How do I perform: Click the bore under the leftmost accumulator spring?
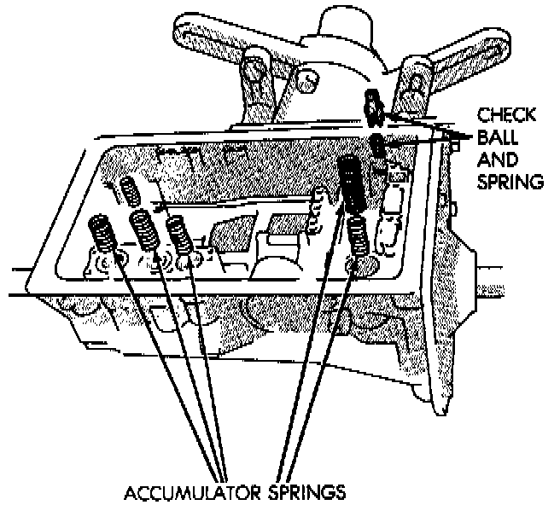(105, 260)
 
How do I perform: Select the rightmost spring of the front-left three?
(178, 233)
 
